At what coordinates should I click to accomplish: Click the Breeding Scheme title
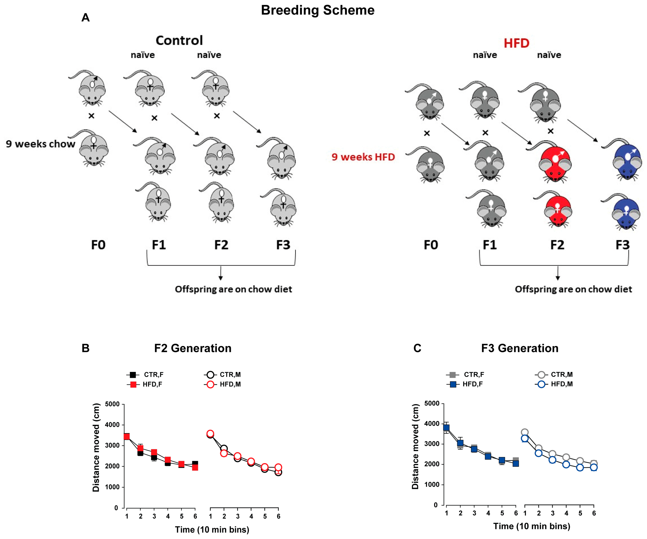tap(318, 10)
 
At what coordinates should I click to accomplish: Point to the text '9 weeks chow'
tap(40, 144)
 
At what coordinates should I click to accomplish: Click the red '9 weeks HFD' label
tap(363, 157)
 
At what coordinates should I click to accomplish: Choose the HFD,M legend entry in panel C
tap(554, 384)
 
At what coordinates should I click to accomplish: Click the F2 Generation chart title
tap(193, 348)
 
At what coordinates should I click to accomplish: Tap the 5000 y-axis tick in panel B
tap(112, 404)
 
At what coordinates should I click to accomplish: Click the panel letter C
tap(417, 348)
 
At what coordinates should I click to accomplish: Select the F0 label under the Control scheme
tap(98, 245)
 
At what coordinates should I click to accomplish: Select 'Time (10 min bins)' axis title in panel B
tap(212, 529)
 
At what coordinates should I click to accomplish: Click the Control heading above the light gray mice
tap(179, 40)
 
